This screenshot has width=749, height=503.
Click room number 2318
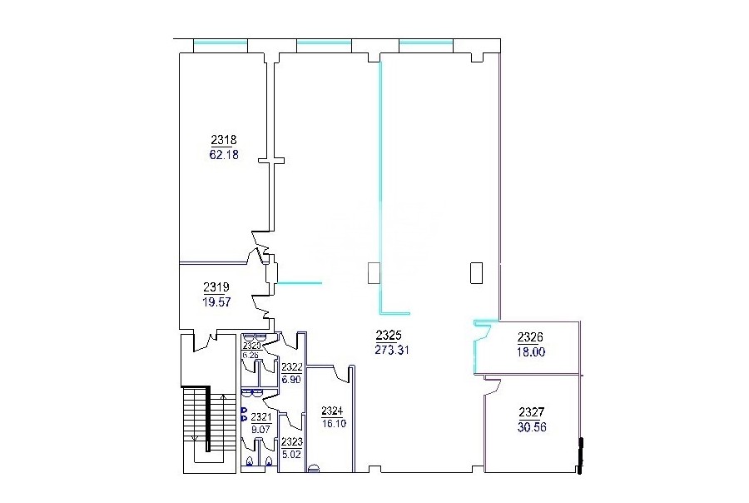(224, 140)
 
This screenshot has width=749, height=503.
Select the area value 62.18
(224, 155)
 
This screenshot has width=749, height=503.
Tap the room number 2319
(216, 287)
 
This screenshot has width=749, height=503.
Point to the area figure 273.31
(392, 350)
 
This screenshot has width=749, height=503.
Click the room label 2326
(530, 337)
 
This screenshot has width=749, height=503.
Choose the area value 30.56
(532, 427)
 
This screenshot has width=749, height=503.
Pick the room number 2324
(332, 411)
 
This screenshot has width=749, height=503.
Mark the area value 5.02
(292, 454)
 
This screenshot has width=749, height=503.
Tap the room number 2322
(291, 367)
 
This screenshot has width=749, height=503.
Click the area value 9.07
(260, 430)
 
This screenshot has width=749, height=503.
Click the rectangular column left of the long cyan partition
(374, 273)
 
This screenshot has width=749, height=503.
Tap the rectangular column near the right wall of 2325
(476, 273)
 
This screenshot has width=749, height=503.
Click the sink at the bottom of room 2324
(314, 469)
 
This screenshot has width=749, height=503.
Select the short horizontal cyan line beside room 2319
(300, 283)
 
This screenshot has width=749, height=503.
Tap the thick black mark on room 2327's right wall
(580, 456)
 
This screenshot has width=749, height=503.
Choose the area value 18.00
(531, 352)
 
